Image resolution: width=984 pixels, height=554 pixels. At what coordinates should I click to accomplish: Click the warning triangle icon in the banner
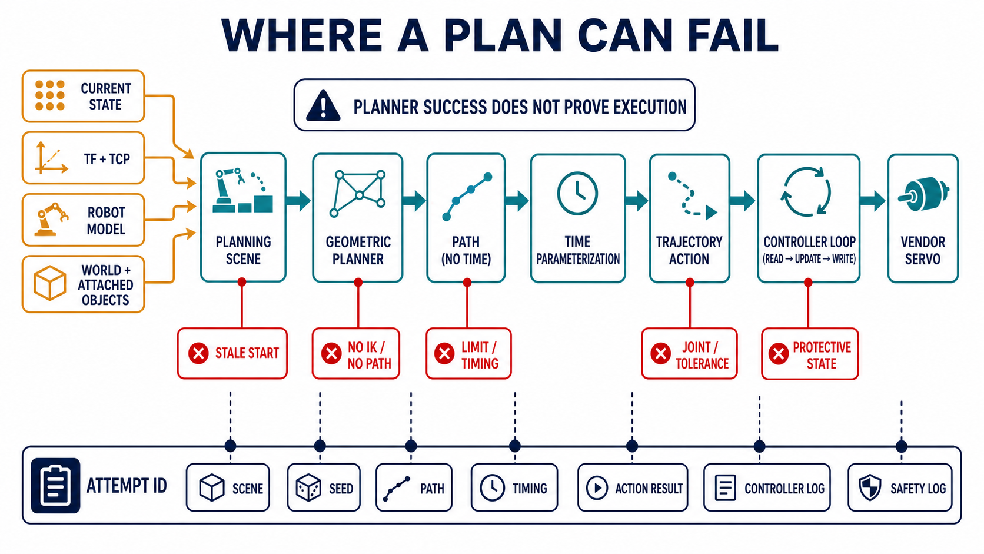[x=323, y=106]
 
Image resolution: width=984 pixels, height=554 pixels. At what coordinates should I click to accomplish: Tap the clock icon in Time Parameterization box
[x=577, y=193]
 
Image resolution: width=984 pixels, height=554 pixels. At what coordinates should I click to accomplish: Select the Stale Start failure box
[x=232, y=353]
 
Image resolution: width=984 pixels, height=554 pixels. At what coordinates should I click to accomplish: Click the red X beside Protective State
[x=779, y=354]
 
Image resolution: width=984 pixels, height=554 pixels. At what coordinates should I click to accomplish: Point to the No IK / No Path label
[x=369, y=355]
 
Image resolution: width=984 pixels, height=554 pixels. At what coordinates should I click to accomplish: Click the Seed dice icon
[x=308, y=487]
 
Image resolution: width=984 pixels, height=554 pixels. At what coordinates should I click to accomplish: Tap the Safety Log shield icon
[x=870, y=487]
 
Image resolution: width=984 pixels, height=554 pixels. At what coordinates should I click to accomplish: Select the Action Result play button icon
[x=597, y=487]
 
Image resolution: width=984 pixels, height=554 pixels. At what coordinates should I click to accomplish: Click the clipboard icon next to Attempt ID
[x=55, y=486]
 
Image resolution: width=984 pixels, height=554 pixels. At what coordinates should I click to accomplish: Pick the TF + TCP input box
[x=84, y=158]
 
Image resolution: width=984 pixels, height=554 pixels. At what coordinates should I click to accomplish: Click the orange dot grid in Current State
[x=49, y=95]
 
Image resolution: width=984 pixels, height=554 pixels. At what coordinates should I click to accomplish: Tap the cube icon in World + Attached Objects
[x=49, y=283]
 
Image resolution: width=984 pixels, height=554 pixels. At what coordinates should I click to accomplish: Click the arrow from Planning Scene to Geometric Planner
[x=298, y=201]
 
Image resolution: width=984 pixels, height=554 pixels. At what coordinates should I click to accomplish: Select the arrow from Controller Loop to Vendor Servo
[x=872, y=201]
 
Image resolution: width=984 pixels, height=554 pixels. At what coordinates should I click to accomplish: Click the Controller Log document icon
[x=725, y=487]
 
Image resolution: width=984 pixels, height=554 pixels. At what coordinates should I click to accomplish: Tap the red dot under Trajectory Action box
[x=690, y=283]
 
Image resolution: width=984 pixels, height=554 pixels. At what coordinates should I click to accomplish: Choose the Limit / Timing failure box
[x=468, y=353]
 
